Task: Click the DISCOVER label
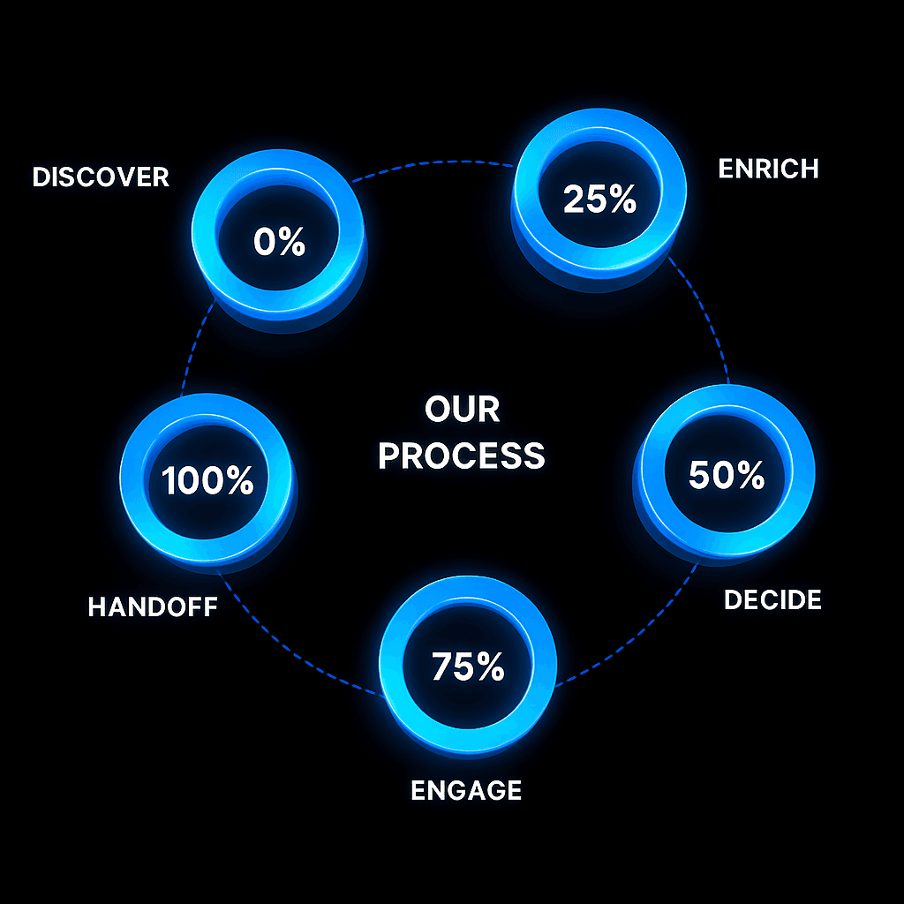click(x=100, y=177)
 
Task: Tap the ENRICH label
click(x=768, y=168)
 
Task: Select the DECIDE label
click(x=772, y=600)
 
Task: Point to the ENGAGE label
click(x=466, y=789)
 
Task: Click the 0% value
click(x=279, y=241)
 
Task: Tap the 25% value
click(x=599, y=200)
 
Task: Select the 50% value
click(x=726, y=476)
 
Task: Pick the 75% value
click(x=468, y=667)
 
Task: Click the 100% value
click(x=207, y=481)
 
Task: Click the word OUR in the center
click(x=462, y=410)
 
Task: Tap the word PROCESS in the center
click(x=461, y=456)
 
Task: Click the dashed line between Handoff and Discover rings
click(x=196, y=353)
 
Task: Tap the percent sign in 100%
click(x=238, y=481)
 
